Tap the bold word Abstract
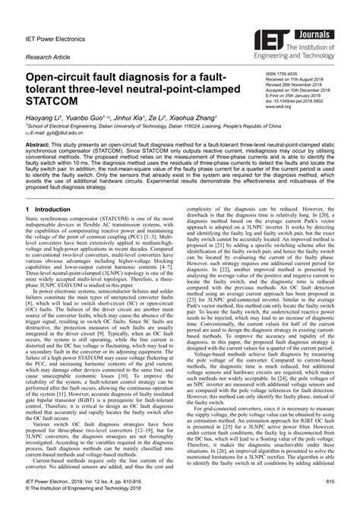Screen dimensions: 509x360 coord(40,144)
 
